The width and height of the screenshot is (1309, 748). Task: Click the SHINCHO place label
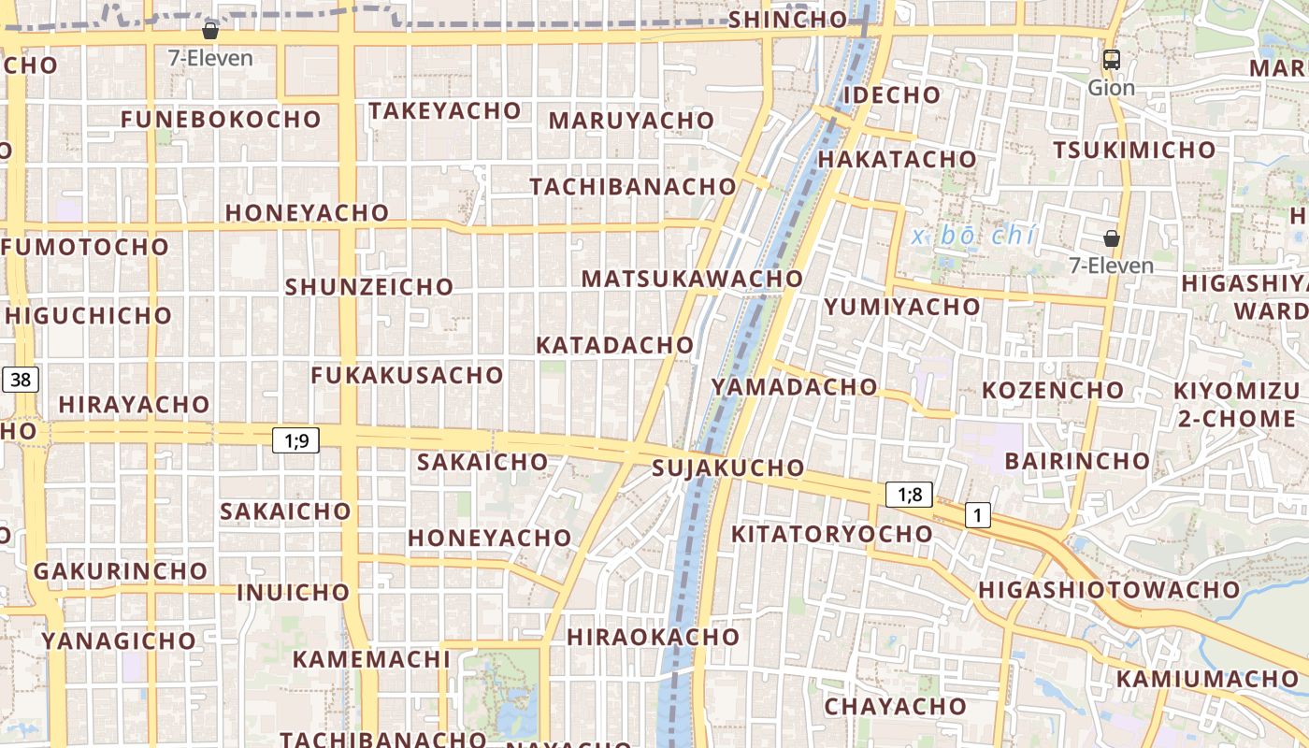tap(787, 19)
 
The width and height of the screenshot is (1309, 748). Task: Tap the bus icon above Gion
tap(1111, 60)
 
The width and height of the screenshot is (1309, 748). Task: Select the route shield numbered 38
tap(21, 379)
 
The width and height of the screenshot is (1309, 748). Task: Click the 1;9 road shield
tap(295, 440)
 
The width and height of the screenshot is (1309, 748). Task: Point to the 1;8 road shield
tap(909, 495)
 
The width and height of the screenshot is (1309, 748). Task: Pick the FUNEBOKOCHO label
tap(221, 120)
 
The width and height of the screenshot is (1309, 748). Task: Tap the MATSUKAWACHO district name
tap(692, 279)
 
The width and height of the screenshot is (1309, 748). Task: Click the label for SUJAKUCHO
tap(728, 467)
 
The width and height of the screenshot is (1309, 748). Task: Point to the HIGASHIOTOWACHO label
tap(1109, 590)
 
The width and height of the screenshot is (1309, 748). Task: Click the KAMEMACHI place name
tap(371, 659)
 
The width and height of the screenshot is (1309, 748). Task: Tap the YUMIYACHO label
tap(902, 307)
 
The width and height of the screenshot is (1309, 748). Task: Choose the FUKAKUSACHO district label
tap(407, 375)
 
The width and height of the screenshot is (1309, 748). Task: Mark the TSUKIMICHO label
tap(1134, 150)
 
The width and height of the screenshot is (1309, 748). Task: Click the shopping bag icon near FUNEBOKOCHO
tap(210, 31)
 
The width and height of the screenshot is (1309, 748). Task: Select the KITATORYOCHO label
tap(831, 534)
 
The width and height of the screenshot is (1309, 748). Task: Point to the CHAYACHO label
tap(895, 706)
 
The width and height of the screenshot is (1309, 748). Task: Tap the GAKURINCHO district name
tap(121, 570)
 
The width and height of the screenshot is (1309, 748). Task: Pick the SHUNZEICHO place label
tap(369, 286)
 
